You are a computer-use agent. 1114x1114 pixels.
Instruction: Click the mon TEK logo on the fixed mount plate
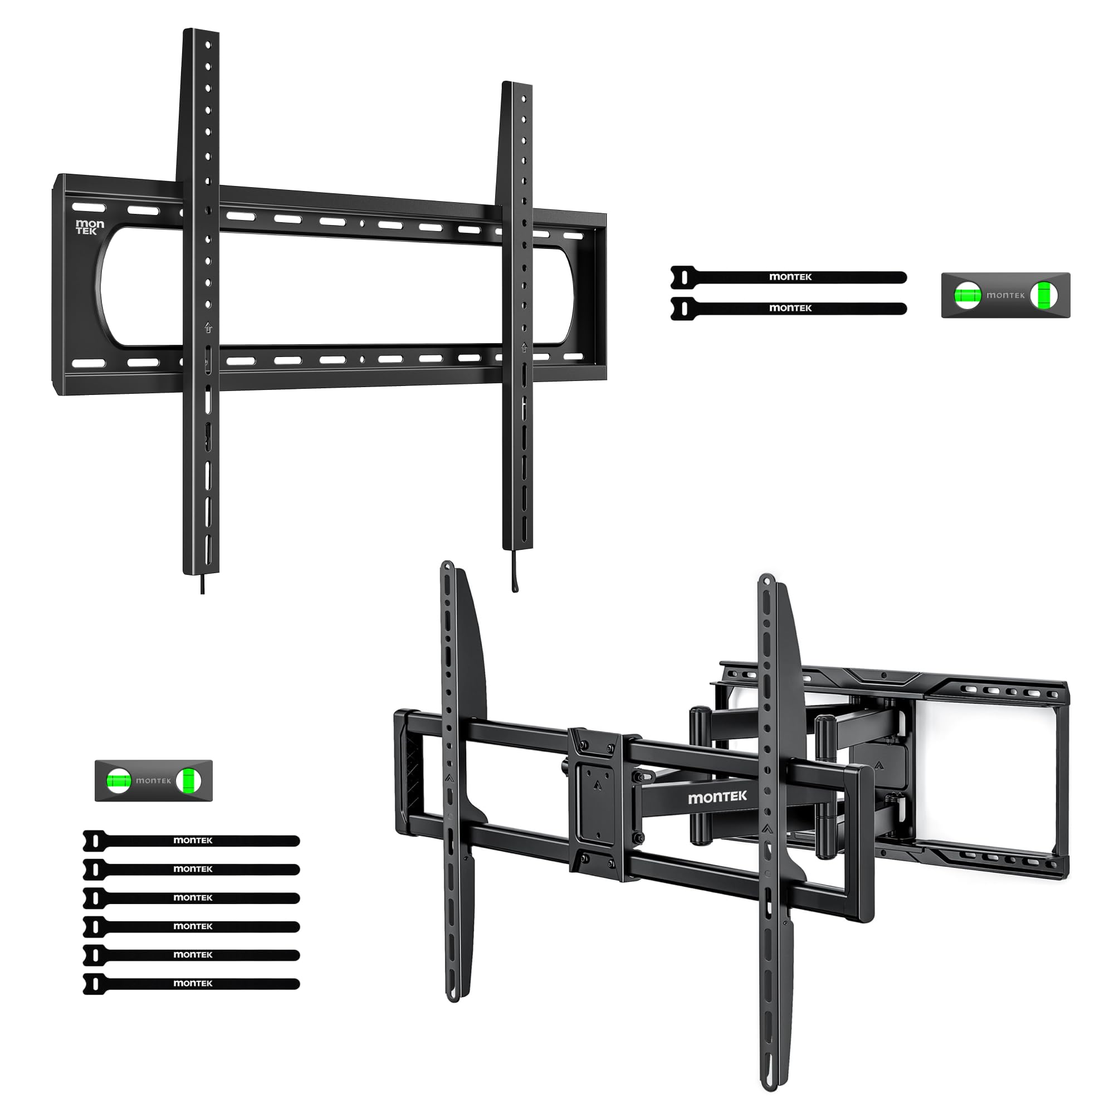click(90, 227)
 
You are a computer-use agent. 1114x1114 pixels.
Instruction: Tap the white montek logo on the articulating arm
click(717, 798)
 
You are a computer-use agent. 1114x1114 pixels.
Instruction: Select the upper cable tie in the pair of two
click(788, 277)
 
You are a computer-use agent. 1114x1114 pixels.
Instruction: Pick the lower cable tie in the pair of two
click(788, 308)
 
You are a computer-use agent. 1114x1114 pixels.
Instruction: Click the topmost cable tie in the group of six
click(192, 841)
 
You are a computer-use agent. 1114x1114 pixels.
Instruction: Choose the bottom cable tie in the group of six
click(192, 984)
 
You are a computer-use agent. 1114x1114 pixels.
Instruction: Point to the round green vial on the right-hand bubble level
click(968, 295)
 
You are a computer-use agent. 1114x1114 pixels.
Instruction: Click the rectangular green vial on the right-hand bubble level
click(1044, 295)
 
